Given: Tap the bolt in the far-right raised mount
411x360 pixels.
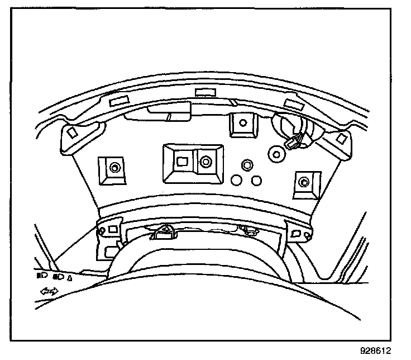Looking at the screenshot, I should tap(303, 181).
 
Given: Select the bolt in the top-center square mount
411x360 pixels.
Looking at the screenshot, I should tap(241, 123).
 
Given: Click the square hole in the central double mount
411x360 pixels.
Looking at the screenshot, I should tap(182, 162).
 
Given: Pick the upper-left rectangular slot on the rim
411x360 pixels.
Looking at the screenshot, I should tap(118, 102).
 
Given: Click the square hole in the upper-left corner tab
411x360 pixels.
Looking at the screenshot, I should tap(71, 134).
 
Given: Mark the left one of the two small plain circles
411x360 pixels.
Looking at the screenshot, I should tap(237, 180).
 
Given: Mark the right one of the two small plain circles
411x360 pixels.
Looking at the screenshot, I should tap(256, 180).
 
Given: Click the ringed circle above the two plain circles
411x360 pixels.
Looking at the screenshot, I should tap(246, 165).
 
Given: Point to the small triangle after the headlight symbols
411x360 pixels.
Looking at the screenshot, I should tap(70, 277).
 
